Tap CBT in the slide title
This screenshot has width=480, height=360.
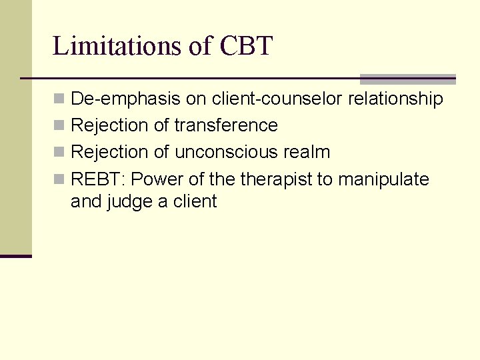(x=244, y=46)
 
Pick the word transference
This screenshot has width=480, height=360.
(x=226, y=125)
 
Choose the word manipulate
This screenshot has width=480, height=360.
(x=383, y=179)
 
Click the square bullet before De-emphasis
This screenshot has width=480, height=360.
(x=59, y=99)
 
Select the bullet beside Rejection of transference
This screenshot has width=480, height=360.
(x=59, y=126)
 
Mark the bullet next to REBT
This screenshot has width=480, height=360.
(x=59, y=179)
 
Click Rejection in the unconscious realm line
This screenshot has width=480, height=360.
(x=109, y=152)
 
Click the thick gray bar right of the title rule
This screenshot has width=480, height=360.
(x=407, y=79)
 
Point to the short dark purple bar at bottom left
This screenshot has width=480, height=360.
(x=16, y=256)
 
